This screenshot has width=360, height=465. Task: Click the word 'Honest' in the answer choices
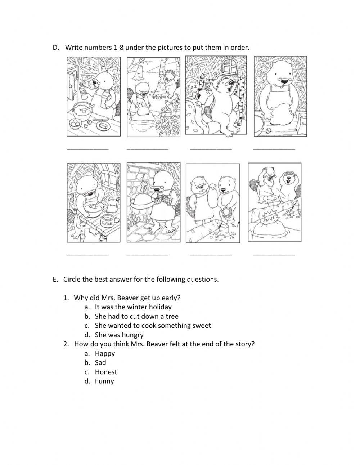tap(106, 372)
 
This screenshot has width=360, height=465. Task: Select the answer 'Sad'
tap(100, 362)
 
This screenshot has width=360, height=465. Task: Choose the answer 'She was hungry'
tap(119, 335)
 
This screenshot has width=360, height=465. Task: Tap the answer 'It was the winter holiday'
tap(133, 307)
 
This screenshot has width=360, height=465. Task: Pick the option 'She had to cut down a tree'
tap(136, 316)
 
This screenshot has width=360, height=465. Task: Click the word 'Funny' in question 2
tap(104, 381)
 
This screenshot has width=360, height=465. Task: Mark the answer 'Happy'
tap(105, 353)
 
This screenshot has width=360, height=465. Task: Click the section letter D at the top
tap(55, 48)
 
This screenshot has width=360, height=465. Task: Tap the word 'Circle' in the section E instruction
tap(72, 279)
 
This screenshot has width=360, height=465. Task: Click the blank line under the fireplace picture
tap(148, 255)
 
